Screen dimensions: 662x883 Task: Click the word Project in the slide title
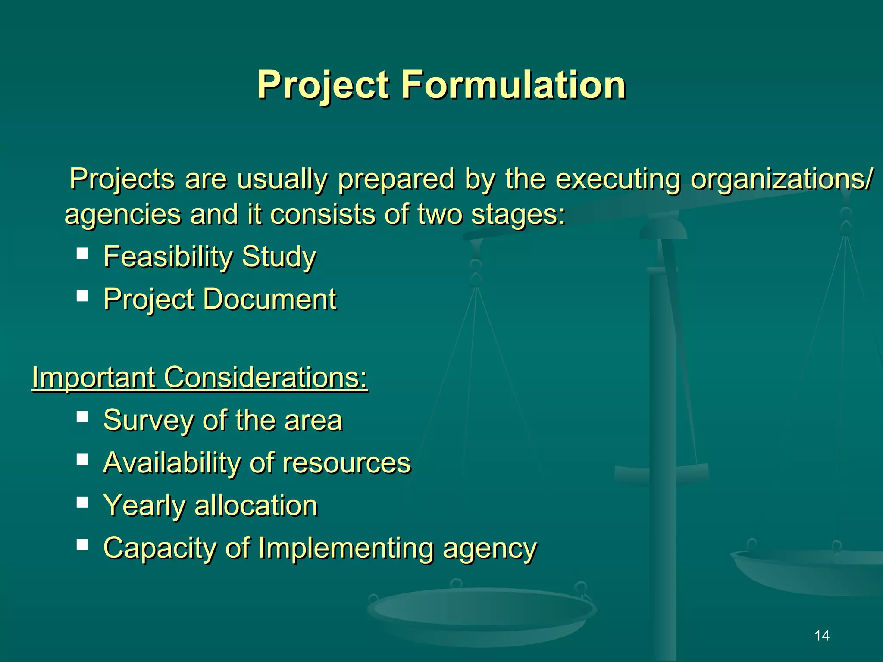pyautogui.click(x=323, y=85)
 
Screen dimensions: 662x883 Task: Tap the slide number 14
pyautogui.click(x=822, y=635)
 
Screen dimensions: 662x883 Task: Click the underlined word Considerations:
pyautogui.click(x=266, y=378)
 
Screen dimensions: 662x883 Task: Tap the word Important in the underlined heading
pyautogui.click(x=94, y=378)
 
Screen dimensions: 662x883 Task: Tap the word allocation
pyautogui.click(x=256, y=506)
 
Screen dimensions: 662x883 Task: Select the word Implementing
pyautogui.click(x=345, y=548)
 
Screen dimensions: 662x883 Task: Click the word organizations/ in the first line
pyautogui.click(x=781, y=179)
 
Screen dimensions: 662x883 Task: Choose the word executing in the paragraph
pyautogui.click(x=617, y=179)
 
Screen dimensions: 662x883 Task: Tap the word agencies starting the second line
pyautogui.click(x=122, y=215)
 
